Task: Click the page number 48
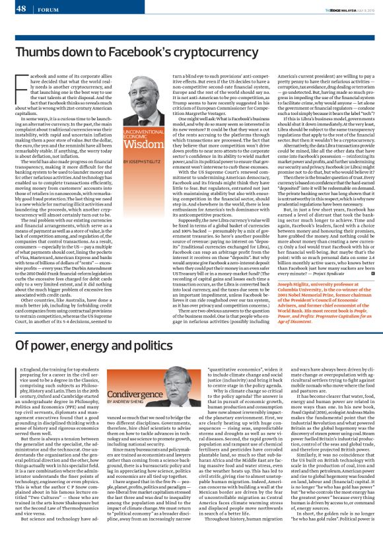pyautogui.click(x=20, y=8)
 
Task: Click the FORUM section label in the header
pyautogui.click(x=46, y=9)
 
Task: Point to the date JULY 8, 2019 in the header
pyautogui.click(x=366, y=9)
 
